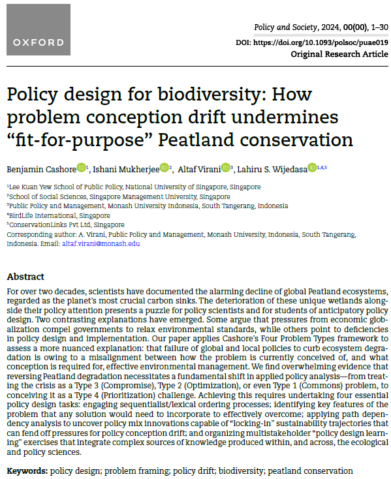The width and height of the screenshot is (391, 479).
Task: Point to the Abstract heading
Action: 25,277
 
